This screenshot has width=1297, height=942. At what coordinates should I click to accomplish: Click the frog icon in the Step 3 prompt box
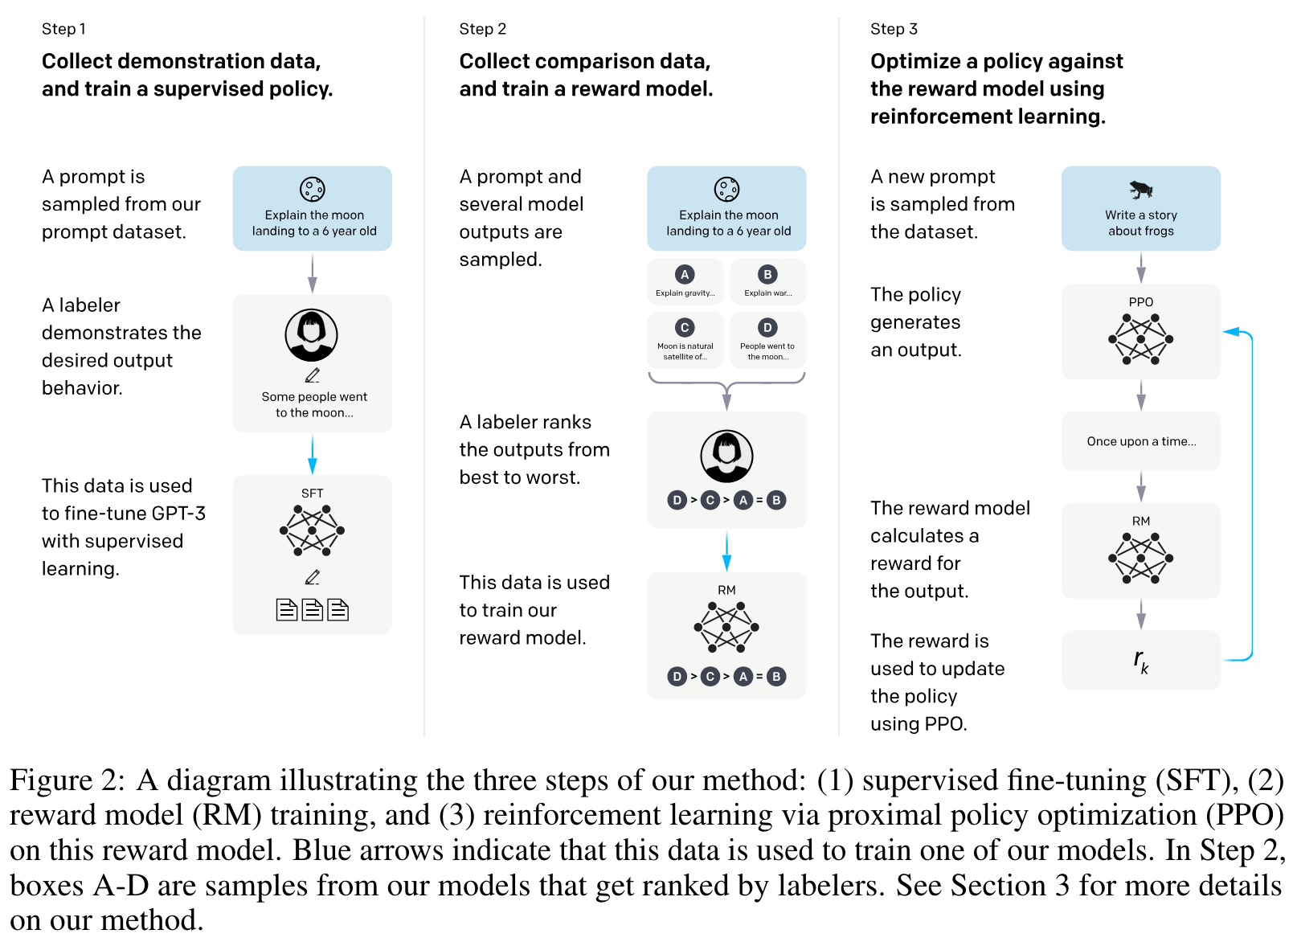tap(1140, 190)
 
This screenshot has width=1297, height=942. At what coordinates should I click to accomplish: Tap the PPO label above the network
tap(1140, 302)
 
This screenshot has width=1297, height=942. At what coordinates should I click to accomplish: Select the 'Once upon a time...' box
tap(1140, 441)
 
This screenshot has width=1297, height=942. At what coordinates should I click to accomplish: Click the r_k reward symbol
tap(1140, 661)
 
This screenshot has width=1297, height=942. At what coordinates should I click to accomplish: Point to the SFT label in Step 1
tap(312, 494)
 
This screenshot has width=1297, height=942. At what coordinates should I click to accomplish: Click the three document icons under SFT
tap(312, 610)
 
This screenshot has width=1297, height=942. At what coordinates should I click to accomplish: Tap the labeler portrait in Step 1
tap(311, 335)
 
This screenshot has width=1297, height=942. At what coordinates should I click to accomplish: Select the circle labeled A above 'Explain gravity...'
tap(685, 275)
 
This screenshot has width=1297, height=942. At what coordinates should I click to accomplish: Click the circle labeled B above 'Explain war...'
tap(767, 275)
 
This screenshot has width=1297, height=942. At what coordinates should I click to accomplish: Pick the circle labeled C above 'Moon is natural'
tap(685, 328)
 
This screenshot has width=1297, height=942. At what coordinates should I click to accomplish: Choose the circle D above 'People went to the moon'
tap(767, 328)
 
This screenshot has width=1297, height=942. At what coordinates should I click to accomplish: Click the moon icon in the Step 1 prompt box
tap(312, 190)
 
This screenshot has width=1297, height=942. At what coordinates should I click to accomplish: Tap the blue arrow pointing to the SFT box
tap(312, 455)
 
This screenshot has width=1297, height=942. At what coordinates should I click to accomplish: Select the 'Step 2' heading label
tap(482, 29)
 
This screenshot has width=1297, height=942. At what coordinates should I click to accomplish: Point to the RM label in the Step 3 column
tap(1140, 521)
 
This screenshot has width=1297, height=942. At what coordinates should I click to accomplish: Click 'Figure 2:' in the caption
tap(68, 780)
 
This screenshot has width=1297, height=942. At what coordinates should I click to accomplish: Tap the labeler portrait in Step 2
tap(726, 456)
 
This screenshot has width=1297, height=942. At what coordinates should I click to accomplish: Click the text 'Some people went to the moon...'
tap(314, 404)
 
